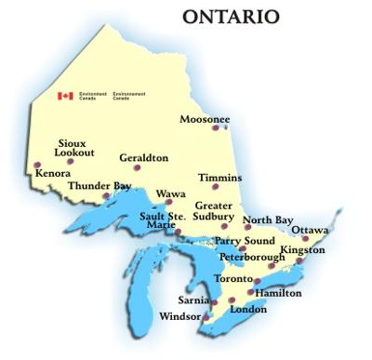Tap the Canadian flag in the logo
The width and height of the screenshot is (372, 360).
click(65, 95)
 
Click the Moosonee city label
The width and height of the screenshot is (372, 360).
click(204, 118)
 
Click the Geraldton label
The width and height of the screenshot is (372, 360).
click(144, 158)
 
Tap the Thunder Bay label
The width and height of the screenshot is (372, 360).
click(100, 186)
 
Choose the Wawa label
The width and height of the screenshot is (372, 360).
click(171, 193)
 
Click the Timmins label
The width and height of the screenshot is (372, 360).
click(220, 177)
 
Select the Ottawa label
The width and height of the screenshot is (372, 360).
click(310, 229)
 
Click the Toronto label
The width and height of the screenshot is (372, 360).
click(232, 279)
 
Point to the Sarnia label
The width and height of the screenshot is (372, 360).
click(193, 300)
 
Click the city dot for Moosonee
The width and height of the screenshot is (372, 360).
click(216, 128)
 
